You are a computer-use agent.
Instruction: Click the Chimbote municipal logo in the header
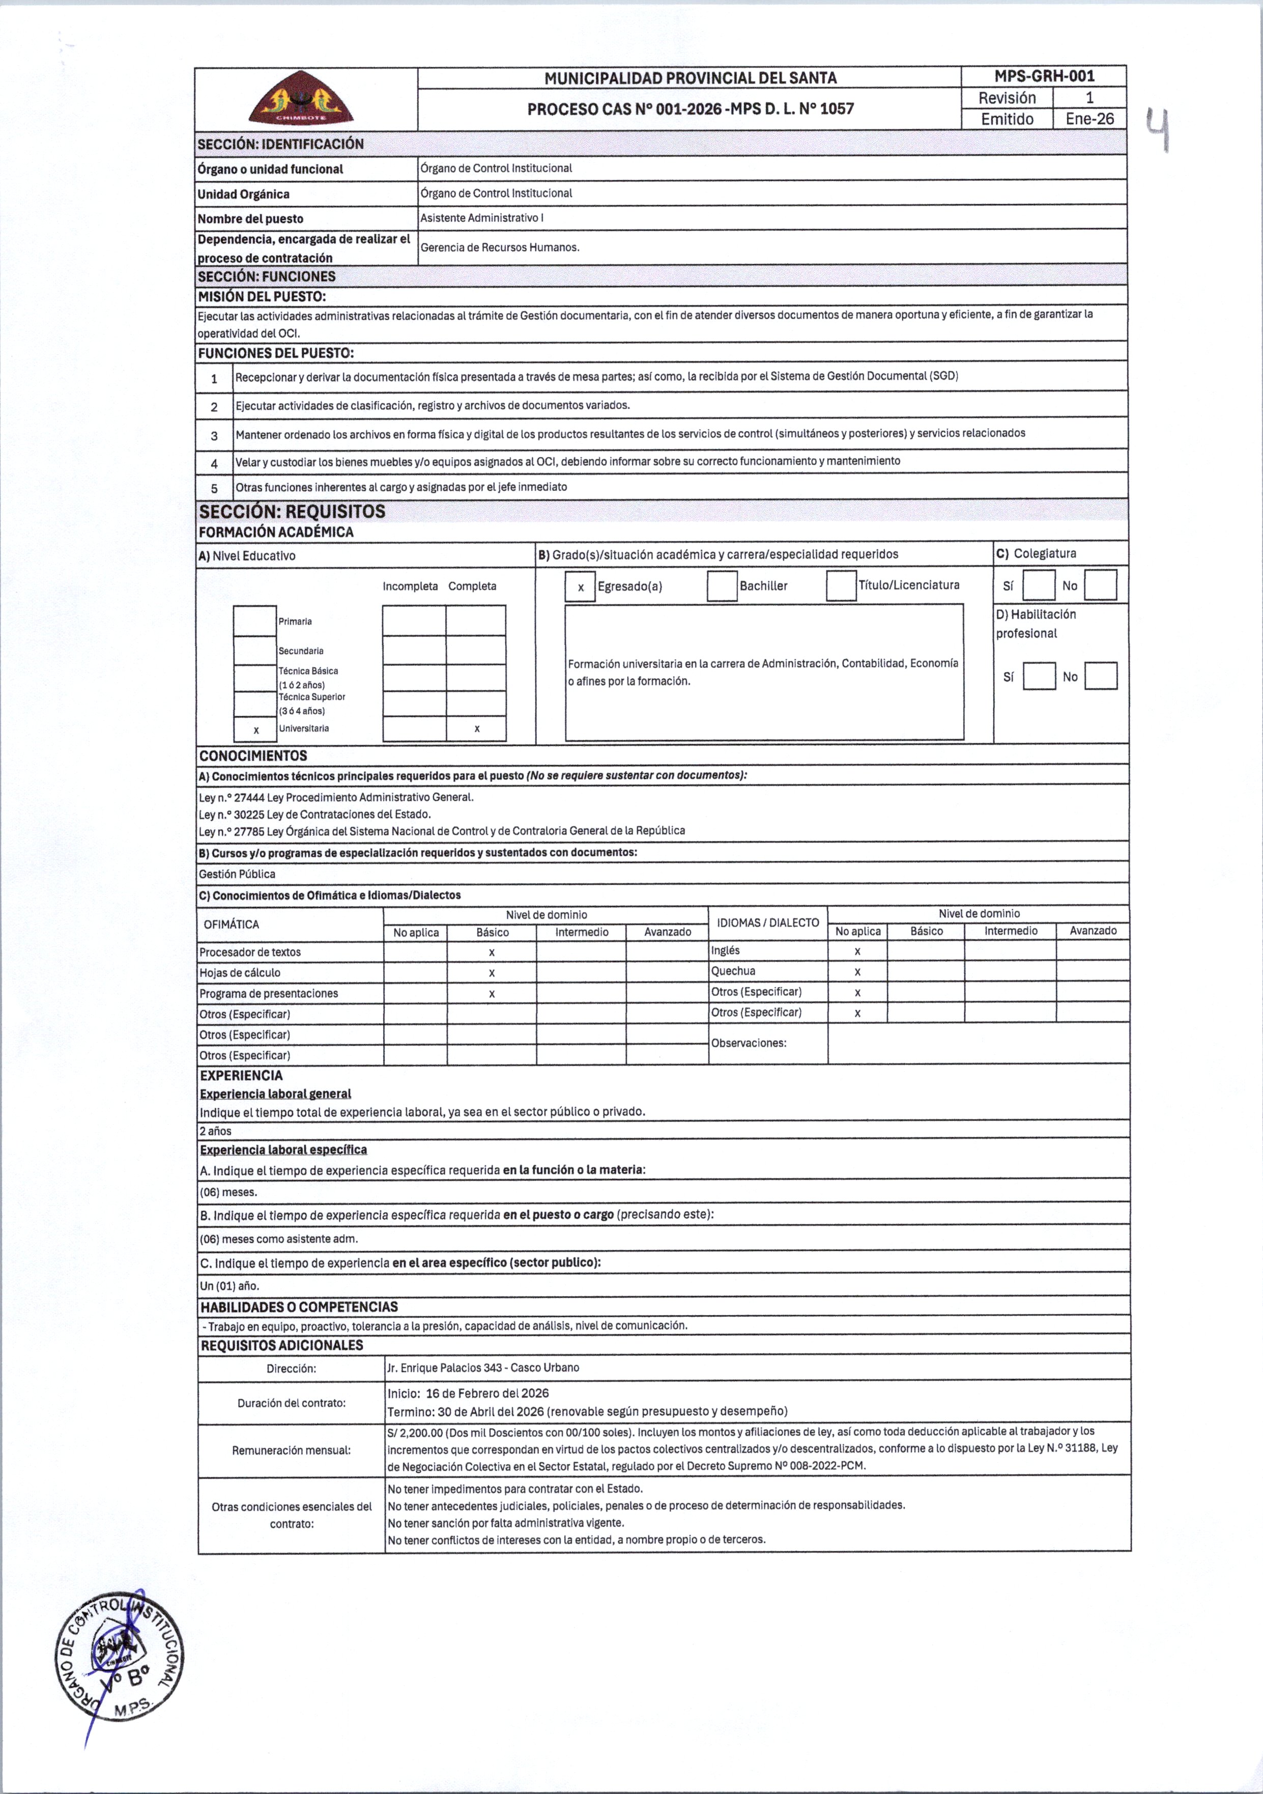point(301,98)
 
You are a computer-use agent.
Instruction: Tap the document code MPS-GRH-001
point(1044,76)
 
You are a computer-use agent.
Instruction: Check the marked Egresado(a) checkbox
point(580,587)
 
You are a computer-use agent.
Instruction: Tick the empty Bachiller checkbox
point(722,586)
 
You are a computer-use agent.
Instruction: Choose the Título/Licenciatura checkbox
point(841,586)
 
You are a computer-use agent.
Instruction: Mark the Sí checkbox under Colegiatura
point(1038,585)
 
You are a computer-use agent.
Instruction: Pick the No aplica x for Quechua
point(857,972)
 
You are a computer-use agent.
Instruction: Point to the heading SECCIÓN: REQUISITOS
point(292,512)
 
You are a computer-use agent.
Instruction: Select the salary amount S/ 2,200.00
point(415,1432)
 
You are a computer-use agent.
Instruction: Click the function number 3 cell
point(214,435)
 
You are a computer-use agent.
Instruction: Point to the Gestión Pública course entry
point(237,874)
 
